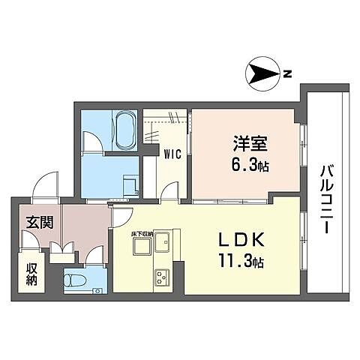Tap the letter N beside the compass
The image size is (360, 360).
tap(286, 73)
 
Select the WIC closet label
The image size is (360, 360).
tap(172, 154)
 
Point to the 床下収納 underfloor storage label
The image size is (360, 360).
tap(142, 234)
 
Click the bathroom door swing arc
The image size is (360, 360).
tap(93, 141)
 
